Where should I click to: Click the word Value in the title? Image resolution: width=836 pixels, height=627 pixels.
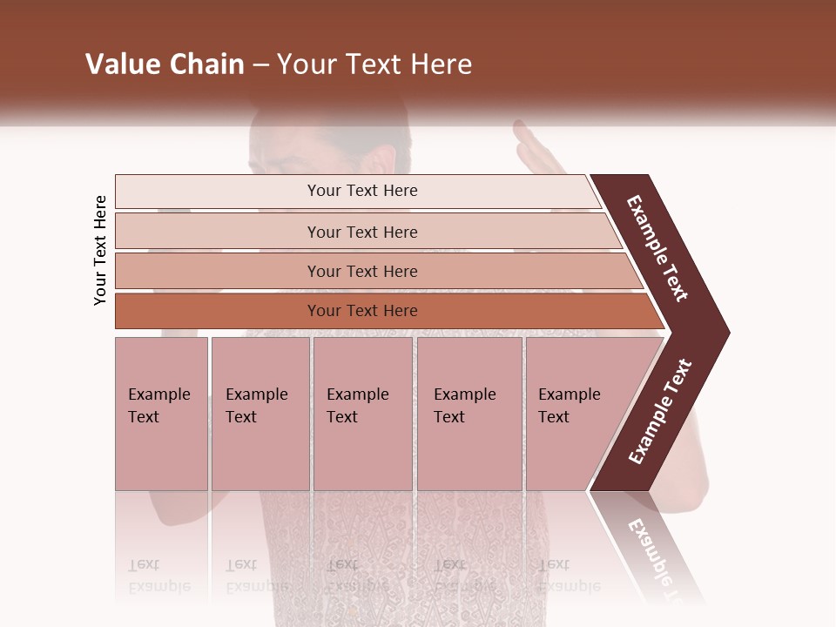(x=122, y=64)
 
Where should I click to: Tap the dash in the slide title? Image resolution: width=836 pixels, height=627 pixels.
(x=260, y=65)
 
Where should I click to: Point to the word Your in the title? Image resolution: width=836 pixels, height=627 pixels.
(x=306, y=64)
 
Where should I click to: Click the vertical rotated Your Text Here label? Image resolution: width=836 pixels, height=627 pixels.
(x=100, y=250)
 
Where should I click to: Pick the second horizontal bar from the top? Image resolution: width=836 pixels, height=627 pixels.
(x=361, y=232)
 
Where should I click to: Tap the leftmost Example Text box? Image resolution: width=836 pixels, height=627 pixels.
(x=161, y=414)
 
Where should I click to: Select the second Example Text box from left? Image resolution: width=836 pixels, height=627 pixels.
(x=260, y=414)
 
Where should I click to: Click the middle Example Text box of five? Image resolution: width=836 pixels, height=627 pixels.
(x=362, y=414)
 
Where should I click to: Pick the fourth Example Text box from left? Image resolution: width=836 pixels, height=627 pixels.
(x=469, y=414)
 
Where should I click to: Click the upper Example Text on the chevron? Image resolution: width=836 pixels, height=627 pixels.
(x=657, y=248)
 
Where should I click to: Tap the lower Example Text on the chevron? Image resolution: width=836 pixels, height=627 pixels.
(x=660, y=412)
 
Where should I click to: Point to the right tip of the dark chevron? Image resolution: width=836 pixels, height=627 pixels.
(x=727, y=333)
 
